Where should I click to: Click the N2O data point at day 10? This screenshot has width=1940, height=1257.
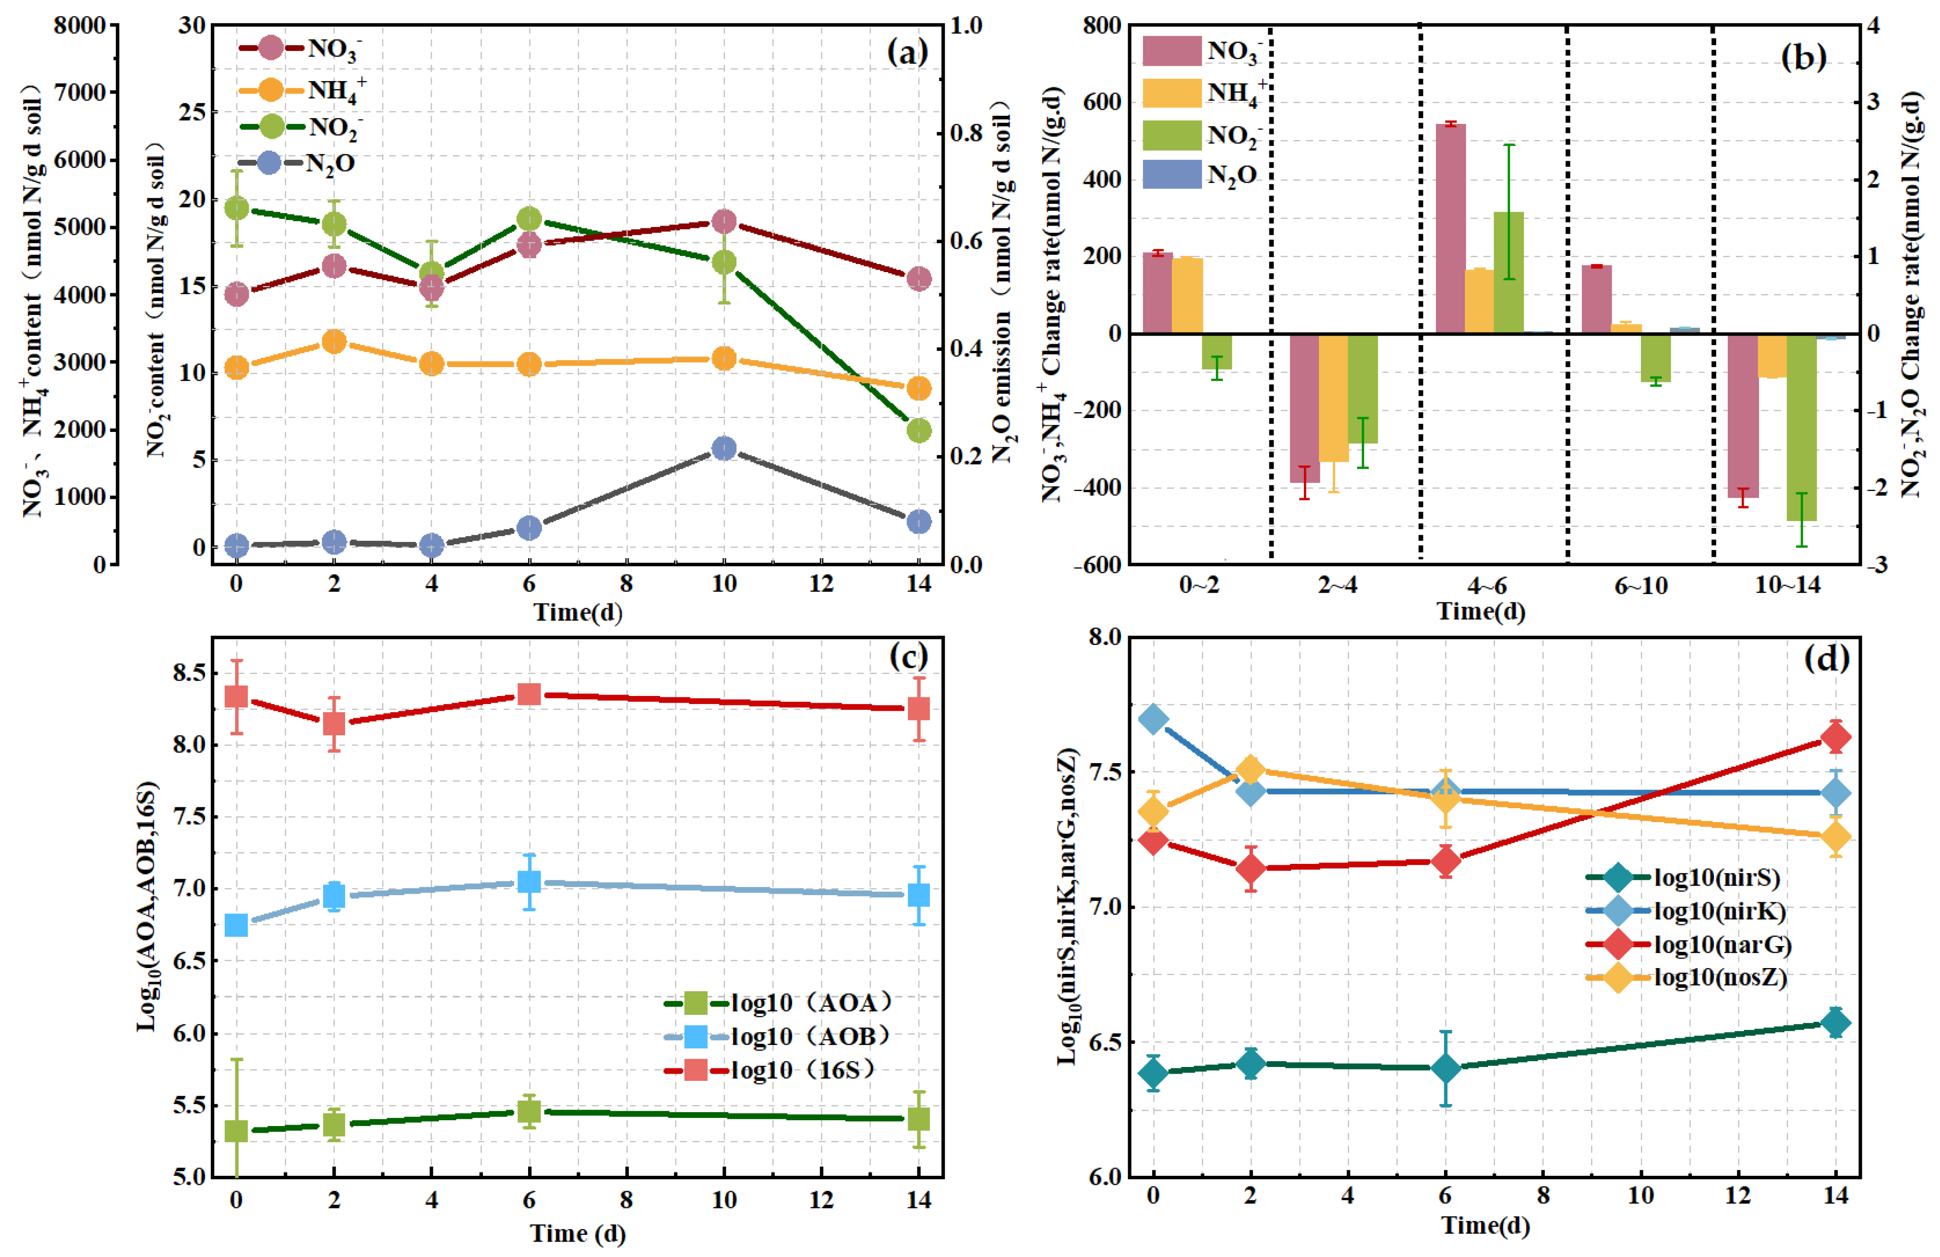coord(724,448)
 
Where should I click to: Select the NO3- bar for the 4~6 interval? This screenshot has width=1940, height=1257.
coord(1450,228)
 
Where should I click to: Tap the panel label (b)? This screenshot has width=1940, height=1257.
coord(1803,57)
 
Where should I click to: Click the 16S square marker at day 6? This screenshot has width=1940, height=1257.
coord(529,694)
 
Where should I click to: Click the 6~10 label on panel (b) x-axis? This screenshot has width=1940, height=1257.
coord(1641,586)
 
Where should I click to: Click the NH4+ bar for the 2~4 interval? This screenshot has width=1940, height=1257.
coord(1334,398)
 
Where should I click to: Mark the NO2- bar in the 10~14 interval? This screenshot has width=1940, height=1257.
coord(1801,427)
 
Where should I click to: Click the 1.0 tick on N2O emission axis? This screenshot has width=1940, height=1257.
coord(966,25)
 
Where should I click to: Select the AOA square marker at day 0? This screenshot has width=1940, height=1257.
coord(236,1131)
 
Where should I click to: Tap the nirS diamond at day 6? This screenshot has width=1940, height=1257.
coord(1445,1068)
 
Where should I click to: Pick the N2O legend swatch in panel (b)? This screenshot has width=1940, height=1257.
coord(1171,174)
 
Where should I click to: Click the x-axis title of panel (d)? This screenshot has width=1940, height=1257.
coord(1485,1225)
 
